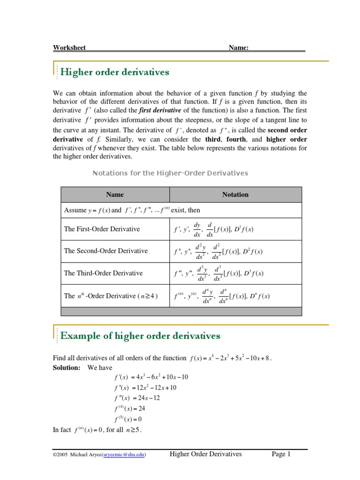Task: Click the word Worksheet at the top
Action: tap(69, 47)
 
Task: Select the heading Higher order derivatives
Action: tap(115, 72)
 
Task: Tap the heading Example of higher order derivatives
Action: tap(141, 336)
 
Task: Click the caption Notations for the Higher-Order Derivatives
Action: tap(171, 173)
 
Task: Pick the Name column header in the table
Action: tap(115, 195)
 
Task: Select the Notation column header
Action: tap(235, 195)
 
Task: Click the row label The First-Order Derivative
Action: tap(102, 229)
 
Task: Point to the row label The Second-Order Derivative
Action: tap(105, 251)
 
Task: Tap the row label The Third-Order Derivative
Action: tap(103, 273)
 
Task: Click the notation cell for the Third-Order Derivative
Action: tap(218, 273)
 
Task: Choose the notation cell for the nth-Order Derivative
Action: tap(222, 296)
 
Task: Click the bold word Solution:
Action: tap(67, 367)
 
